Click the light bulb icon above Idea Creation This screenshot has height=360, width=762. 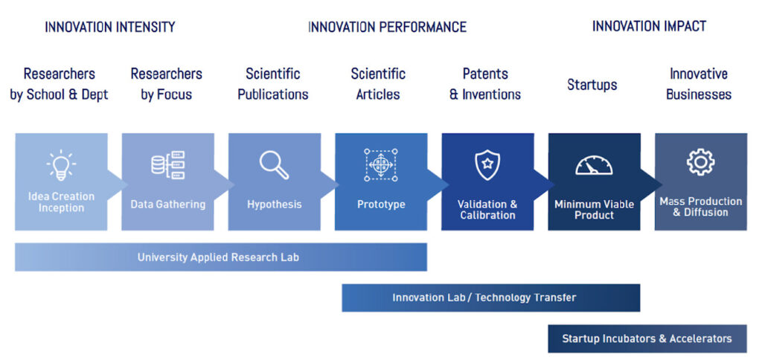click(61, 165)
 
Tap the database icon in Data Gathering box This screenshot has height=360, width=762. click(168, 165)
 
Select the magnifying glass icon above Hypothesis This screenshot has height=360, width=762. click(274, 165)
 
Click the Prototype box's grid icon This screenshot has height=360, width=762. click(380, 165)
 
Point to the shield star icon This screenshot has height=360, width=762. click(487, 165)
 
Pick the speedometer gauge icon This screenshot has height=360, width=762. click(594, 165)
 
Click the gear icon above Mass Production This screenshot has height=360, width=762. click(700, 163)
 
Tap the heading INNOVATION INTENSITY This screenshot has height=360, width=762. click(110, 27)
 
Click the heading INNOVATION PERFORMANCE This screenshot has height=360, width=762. click(387, 27)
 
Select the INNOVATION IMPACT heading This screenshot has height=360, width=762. click(649, 26)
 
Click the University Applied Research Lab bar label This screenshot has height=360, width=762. click(218, 257)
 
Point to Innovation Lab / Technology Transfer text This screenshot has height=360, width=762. click(484, 298)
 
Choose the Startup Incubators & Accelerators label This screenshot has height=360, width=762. click(647, 338)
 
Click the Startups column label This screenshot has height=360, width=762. click(592, 85)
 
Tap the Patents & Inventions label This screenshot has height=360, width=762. click(485, 84)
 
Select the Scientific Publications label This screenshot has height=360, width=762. click(273, 84)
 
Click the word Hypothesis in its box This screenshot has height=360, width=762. click(275, 205)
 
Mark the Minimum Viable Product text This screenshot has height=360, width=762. click(595, 210)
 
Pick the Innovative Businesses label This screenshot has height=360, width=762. click(699, 84)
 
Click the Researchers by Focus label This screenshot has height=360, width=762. click(167, 84)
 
